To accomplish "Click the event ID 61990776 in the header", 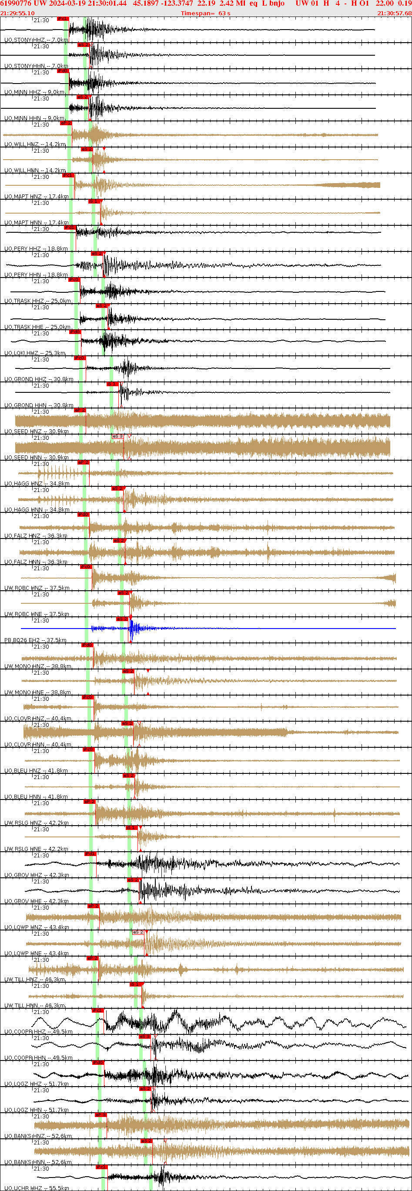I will point(16,4).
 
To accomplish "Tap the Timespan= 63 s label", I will point(205,13).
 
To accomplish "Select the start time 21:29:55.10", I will point(17,13).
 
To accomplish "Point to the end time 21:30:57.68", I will point(394,13).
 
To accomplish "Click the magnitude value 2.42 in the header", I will point(227,4).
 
